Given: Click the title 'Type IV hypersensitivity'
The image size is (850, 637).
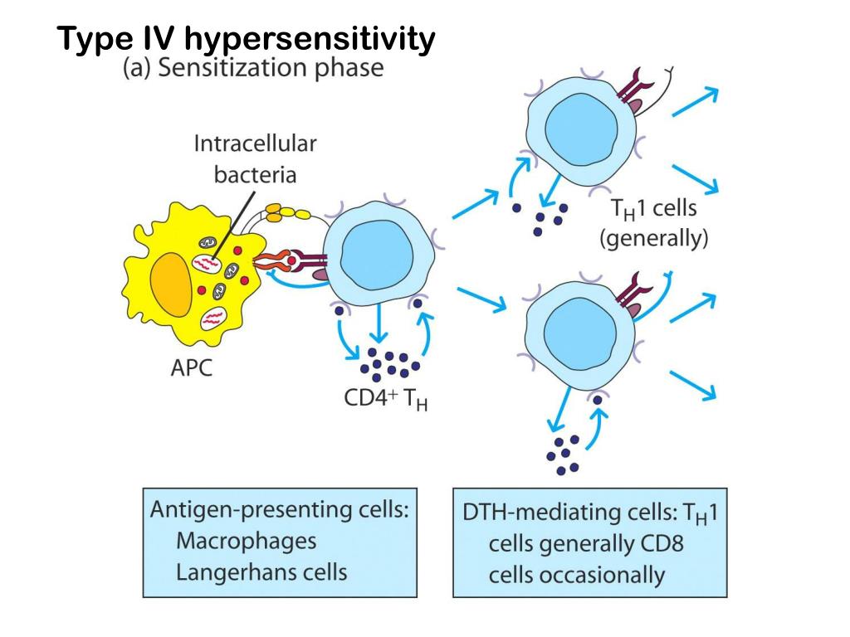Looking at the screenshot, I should coord(246,39).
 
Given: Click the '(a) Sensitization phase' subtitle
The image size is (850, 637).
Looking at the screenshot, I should coord(253,68).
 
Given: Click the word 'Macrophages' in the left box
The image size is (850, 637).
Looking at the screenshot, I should coord(246,541).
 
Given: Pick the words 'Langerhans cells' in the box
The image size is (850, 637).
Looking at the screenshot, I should coord(261,571).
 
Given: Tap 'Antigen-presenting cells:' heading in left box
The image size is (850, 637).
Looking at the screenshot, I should coord(280,510).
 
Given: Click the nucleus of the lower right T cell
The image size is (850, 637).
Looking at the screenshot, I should coord(583,328).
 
